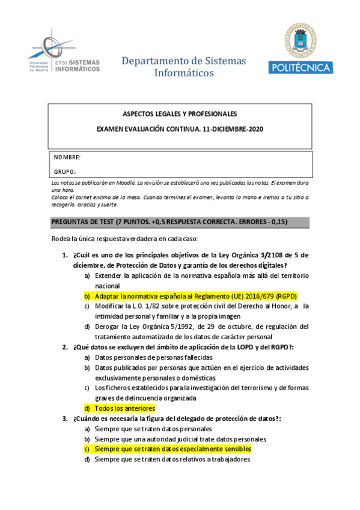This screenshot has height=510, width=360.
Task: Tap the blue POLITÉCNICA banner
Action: coord(300,67)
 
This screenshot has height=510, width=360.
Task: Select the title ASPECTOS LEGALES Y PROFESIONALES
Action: coord(180,114)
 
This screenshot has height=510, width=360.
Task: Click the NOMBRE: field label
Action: coord(67,158)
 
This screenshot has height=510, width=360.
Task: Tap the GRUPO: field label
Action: coord(65,172)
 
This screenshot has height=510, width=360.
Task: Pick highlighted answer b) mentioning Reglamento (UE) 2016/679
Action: coord(196,296)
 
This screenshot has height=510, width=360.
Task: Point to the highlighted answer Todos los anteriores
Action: coord(125,408)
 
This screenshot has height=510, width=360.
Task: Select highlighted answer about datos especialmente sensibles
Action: coord(172,449)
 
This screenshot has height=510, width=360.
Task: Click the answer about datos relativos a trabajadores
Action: coord(172,459)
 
